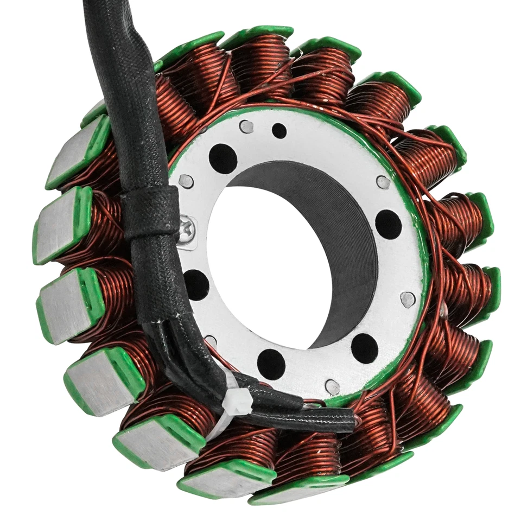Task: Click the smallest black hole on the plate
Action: point(279,130)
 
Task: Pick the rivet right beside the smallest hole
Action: point(246,126)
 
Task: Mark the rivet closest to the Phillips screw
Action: point(186,181)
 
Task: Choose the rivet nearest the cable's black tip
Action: point(332,386)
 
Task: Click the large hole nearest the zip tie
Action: point(271,364)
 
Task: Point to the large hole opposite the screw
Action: point(388,224)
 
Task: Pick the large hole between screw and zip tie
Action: point(196,284)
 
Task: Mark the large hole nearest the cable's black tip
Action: point(364,348)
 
